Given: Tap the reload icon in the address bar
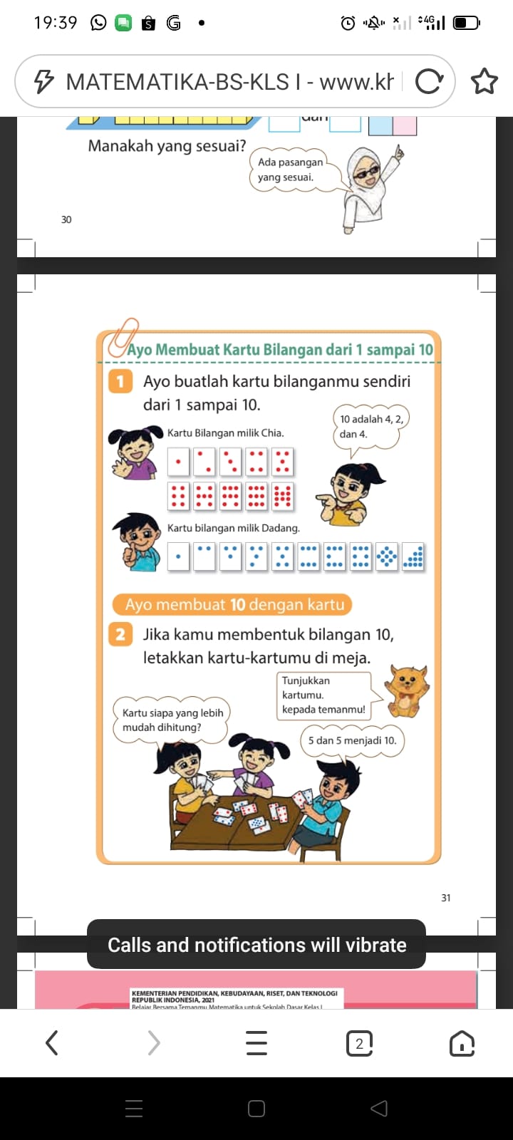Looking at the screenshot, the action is click(x=428, y=82).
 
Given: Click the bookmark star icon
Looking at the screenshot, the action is click(x=484, y=82).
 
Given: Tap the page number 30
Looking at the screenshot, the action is click(x=66, y=219).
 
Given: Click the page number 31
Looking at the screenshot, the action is click(x=446, y=898).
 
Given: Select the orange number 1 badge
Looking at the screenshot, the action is click(x=120, y=381).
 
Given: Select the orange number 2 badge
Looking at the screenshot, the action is click(x=120, y=634).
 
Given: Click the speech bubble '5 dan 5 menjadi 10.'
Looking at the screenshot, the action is click(x=352, y=740).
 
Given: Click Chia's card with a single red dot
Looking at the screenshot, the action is click(x=178, y=462).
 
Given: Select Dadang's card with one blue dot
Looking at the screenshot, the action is click(x=178, y=556).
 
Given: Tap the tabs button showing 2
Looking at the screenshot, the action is click(x=359, y=1044).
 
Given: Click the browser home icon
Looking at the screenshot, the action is click(x=462, y=1044).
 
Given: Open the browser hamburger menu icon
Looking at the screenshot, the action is click(x=256, y=1044).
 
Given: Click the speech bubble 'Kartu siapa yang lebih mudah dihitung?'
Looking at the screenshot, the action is click(x=172, y=720).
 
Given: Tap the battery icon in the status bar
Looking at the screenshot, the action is click(x=467, y=23).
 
